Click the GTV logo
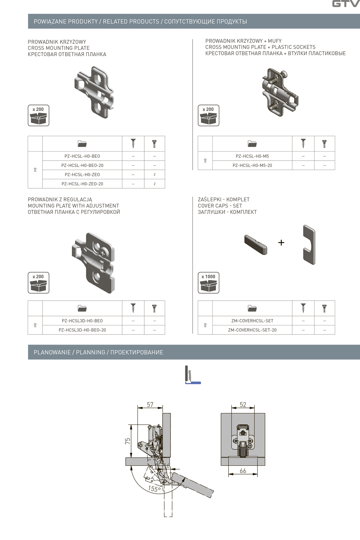345,4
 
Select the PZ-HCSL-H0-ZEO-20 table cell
82,184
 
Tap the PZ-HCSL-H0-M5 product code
252,156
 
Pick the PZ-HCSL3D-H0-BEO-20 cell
82,330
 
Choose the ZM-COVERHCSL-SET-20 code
252,330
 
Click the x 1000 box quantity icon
208,283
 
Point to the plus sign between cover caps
281,243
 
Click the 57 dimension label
150,405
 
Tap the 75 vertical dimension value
128,441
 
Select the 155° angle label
154,489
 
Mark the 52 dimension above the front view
243,405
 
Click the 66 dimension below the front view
243,471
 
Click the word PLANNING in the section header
90,352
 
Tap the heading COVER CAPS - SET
220,206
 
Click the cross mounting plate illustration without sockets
95,92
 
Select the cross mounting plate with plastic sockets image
280,92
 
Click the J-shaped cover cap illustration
309,245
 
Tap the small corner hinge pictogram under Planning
192,375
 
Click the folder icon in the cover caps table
252,309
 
